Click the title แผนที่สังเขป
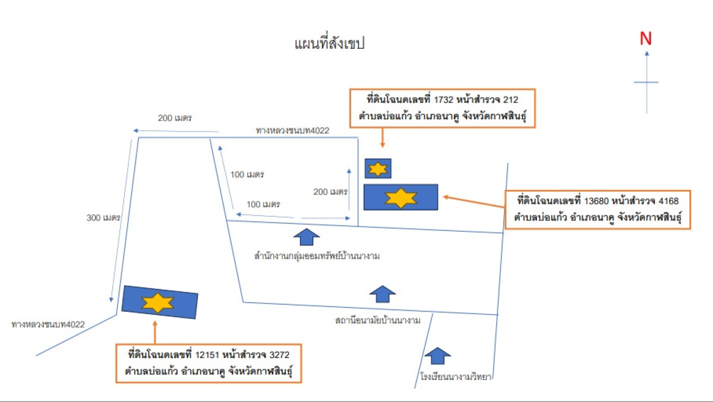click(x=329, y=45)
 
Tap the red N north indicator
click(x=646, y=39)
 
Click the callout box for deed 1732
click(x=443, y=108)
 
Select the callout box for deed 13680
click(x=597, y=210)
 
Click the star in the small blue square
click(x=378, y=169)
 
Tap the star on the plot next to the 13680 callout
click(x=401, y=197)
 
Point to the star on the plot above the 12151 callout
click(x=157, y=303)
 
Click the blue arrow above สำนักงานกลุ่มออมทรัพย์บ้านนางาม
click(x=307, y=237)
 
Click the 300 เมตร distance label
click(x=103, y=217)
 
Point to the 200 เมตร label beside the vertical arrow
click(x=330, y=192)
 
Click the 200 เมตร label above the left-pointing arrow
click(x=175, y=118)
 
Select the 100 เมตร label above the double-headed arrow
click(x=263, y=204)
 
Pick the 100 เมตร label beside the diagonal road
click(x=247, y=175)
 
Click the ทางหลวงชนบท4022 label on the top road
click(x=292, y=130)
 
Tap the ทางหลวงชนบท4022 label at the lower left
click(x=49, y=324)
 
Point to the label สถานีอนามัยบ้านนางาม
click(x=378, y=321)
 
